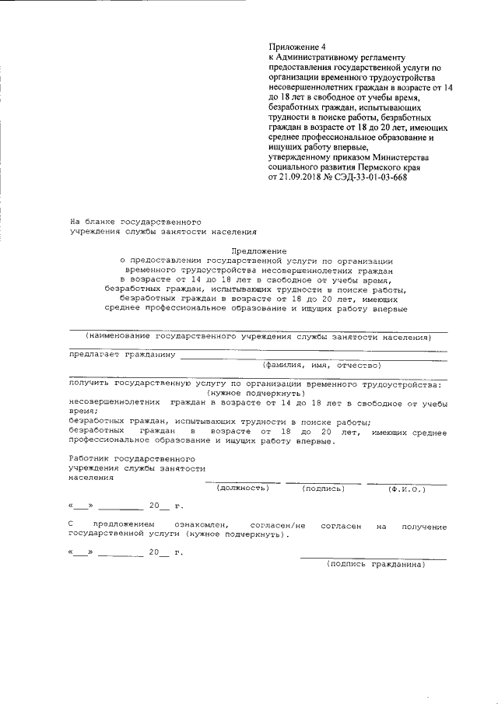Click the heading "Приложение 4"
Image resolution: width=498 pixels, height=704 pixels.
point(294,47)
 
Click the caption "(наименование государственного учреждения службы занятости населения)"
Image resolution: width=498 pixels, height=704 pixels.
point(258,338)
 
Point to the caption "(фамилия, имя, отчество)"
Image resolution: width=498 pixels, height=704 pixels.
point(321,365)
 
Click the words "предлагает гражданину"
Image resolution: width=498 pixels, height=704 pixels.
point(121,354)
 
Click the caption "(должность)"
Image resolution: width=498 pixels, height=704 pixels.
point(243,488)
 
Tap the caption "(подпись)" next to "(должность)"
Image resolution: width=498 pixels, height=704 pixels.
point(322,488)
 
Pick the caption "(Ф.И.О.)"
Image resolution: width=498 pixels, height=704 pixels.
point(406,488)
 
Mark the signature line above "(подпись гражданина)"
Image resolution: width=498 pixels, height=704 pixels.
point(373,557)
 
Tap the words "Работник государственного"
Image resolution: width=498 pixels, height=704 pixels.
point(132,459)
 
